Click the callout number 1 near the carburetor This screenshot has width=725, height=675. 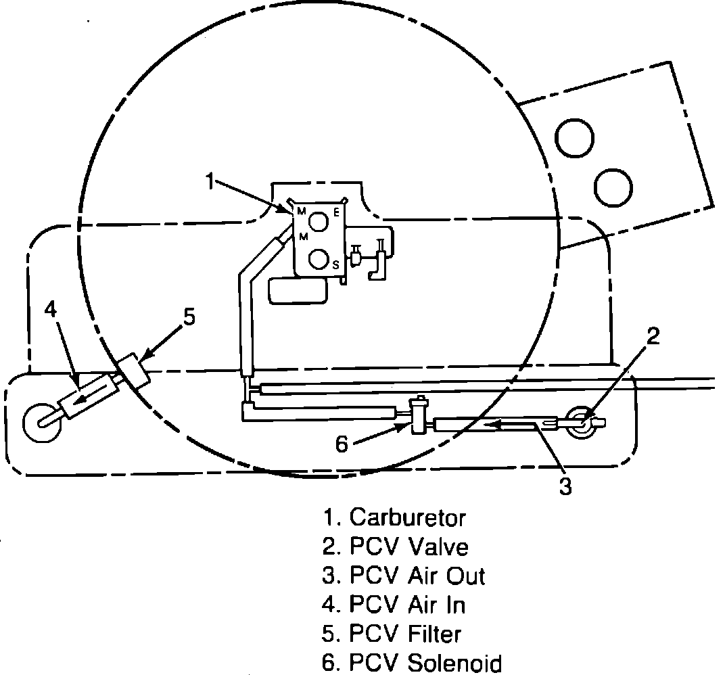[x=211, y=182]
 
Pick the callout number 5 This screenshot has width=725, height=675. [x=189, y=317]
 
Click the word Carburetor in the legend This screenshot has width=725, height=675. [x=407, y=517]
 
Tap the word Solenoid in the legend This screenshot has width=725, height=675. [x=454, y=663]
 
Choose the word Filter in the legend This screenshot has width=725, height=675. [x=434, y=634]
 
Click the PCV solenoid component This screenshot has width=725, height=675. [x=417, y=415]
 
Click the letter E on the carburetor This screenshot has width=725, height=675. [x=336, y=212]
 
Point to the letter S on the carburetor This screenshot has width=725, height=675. [x=335, y=266]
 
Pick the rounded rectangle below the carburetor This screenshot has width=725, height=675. [x=298, y=290]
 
